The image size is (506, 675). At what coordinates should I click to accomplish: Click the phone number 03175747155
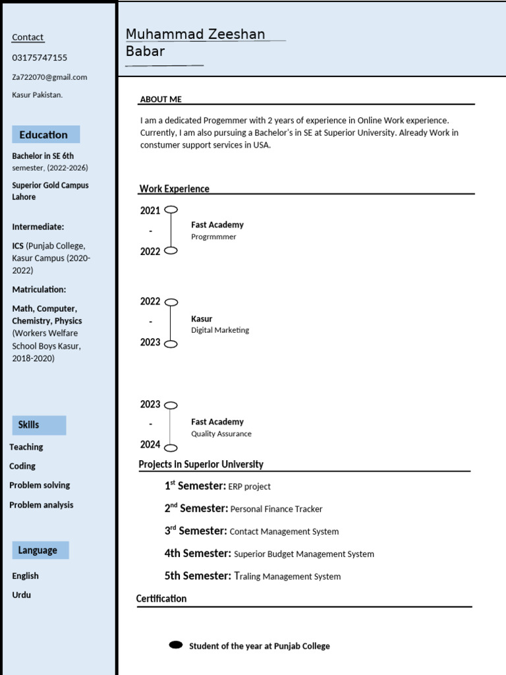pos(40,58)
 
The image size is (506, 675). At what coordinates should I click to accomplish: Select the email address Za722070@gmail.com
pos(49,77)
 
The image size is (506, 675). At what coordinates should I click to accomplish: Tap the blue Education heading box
pos(45,134)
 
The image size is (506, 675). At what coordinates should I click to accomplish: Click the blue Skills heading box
pos(39,425)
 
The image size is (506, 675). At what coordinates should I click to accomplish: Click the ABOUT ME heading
pos(161,100)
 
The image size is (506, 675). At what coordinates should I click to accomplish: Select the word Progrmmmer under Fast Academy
pos(213,237)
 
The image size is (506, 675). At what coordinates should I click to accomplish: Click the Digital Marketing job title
pos(220,330)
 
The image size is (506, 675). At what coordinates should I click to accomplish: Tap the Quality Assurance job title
pos(221,434)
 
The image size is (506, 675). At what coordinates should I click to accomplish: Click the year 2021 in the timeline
pos(150,211)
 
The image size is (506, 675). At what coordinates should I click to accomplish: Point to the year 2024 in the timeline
pos(150,445)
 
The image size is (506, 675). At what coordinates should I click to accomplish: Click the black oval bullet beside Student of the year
pos(176,645)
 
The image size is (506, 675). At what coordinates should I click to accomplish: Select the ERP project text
pos(249,486)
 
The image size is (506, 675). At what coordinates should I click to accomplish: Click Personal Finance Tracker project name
pos(277,509)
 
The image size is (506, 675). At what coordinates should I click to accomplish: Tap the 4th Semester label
pos(198,554)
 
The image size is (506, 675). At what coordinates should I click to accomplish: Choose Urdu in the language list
pos(22,595)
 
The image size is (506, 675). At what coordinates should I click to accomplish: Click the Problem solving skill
pos(40,485)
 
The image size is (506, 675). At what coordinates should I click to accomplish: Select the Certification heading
pos(161,599)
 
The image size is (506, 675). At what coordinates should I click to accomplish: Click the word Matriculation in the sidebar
pos(39,289)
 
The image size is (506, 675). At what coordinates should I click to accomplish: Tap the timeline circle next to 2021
pos(171,210)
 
